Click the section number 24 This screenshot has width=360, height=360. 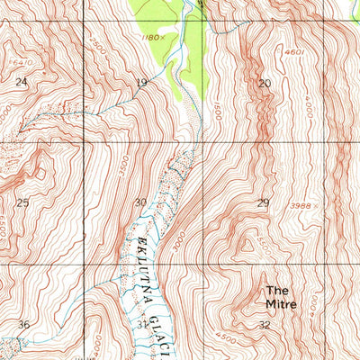(x=22, y=82)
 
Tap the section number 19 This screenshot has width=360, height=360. (x=141, y=83)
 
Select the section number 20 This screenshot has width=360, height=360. (x=264, y=83)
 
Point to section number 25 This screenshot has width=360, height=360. (x=22, y=202)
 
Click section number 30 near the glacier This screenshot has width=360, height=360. (x=139, y=202)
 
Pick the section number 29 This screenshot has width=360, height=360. (x=263, y=202)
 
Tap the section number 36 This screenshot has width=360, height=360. (x=24, y=324)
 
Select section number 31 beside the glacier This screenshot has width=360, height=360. (x=144, y=324)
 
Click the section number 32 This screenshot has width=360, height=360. (x=264, y=324)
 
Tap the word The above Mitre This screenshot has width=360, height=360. (x=276, y=291)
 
